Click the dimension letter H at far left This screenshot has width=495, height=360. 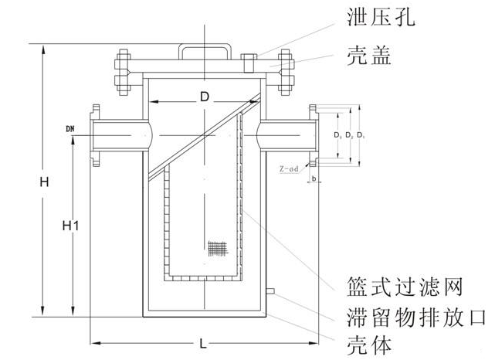[x=45, y=182]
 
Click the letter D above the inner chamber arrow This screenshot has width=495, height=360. [x=204, y=97]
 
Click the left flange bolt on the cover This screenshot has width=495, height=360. [x=123, y=72]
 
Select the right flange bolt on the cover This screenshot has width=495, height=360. [x=286, y=72]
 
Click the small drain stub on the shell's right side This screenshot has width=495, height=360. [x=270, y=291]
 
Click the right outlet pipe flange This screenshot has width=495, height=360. [x=314, y=136]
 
